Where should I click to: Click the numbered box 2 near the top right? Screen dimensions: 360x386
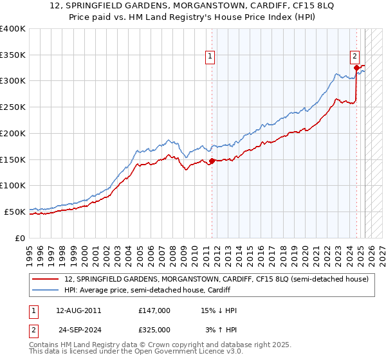tap(354, 56)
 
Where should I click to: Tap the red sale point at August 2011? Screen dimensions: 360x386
tap(212, 161)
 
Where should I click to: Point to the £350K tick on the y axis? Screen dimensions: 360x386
tap(13, 55)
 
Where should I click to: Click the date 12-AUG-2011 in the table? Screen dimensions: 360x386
tap(78, 310)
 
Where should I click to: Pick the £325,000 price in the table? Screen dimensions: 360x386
tap(154, 330)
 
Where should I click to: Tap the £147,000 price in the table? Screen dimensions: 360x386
tap(154, 310)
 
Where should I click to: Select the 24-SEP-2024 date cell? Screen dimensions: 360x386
tap(78, 330)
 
